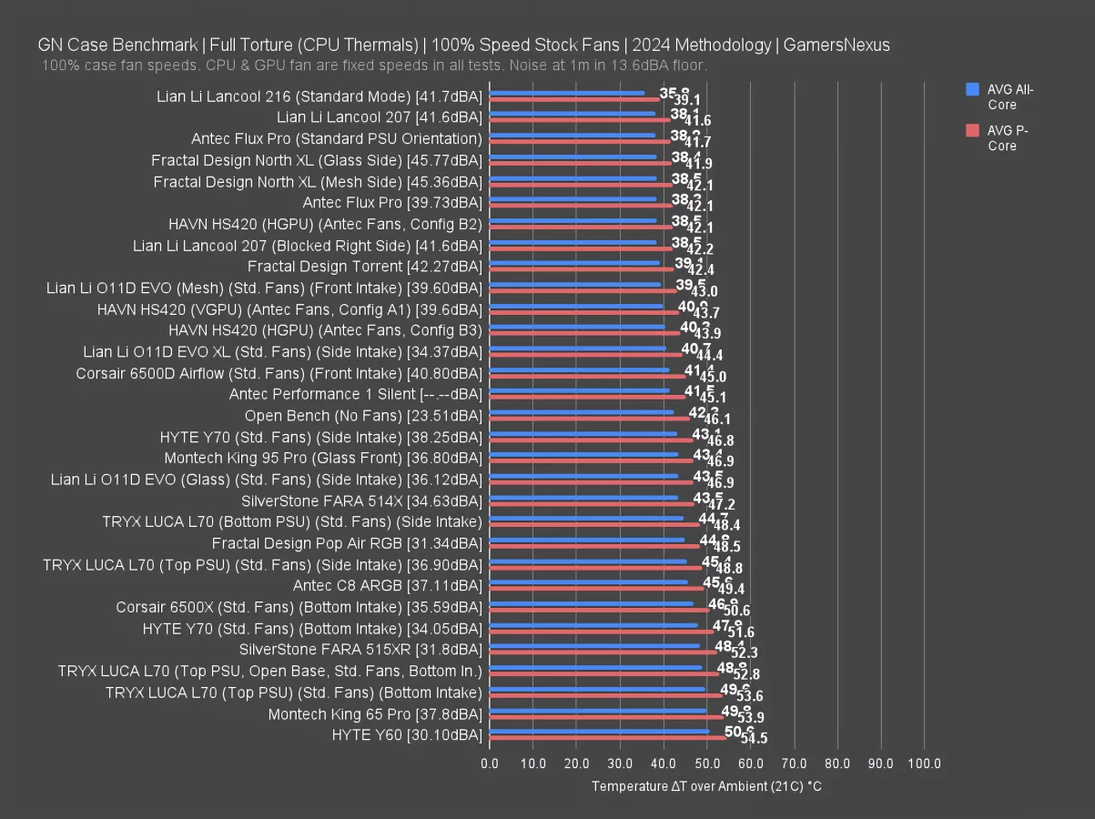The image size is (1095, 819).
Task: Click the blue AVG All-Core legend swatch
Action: point(972,89)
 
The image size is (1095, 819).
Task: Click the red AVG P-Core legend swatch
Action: point(972,130)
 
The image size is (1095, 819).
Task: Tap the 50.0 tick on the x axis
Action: point(707,763)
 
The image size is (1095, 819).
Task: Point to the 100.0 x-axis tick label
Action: point(924,763)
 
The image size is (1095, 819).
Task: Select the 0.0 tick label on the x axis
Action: point(490,763)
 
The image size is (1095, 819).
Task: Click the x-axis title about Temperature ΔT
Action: point(706,786)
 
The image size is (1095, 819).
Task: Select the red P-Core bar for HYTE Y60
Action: point(608,738)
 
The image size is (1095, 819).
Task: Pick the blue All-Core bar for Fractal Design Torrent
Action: point(574,263)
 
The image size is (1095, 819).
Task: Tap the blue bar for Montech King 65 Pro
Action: point(598,711)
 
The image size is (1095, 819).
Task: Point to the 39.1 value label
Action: point(686,100)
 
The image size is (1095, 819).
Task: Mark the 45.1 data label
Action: point(713,398)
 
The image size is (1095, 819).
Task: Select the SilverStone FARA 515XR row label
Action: point(360,650)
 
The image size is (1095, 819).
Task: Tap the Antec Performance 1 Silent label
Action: point(355,394)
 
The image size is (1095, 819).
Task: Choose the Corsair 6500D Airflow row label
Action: point(279,373)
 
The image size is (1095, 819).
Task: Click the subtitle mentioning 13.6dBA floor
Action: point(373,66)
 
